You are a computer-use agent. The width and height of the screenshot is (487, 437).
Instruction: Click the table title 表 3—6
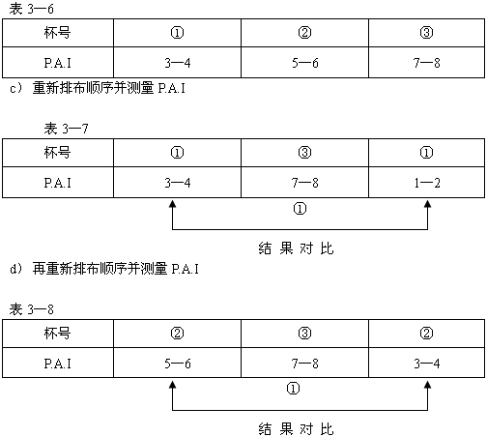[31, 9]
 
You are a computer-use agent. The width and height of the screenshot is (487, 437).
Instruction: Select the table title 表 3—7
[66, 129]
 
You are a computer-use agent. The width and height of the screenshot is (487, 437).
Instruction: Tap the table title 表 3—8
[31, 309]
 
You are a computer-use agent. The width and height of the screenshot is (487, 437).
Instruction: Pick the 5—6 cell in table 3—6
[305, 63]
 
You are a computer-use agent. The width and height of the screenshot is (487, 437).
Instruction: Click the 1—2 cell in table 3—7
[427, 183]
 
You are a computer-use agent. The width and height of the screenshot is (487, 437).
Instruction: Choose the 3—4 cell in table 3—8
[427, 364]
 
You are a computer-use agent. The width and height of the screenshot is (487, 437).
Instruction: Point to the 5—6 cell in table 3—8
[178, 364]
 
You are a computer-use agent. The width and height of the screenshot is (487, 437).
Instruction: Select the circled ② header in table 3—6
[305, 33]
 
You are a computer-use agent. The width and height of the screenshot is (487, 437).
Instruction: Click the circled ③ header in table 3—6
[427, 33]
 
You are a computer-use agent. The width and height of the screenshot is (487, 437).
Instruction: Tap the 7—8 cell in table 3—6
[427, 63]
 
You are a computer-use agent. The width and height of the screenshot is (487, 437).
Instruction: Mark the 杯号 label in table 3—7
[57, 153]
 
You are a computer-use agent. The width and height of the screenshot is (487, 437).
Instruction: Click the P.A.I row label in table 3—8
[57, 364]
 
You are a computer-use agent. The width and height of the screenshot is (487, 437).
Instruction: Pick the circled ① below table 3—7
[300, 209]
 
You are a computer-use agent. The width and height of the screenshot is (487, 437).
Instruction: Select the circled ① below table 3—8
[293, 389]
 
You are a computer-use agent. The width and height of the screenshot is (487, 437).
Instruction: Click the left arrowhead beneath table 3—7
[173, 204]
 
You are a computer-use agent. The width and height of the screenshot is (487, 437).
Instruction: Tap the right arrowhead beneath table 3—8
[427, 385]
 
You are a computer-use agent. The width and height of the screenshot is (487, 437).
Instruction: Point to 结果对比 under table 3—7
[296, 248]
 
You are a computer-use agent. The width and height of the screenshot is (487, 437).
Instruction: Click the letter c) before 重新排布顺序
[15, 88]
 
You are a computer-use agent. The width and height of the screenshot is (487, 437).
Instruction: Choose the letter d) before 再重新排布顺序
[15, 269]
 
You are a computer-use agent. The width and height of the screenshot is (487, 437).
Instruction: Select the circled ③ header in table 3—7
[305, 153]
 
